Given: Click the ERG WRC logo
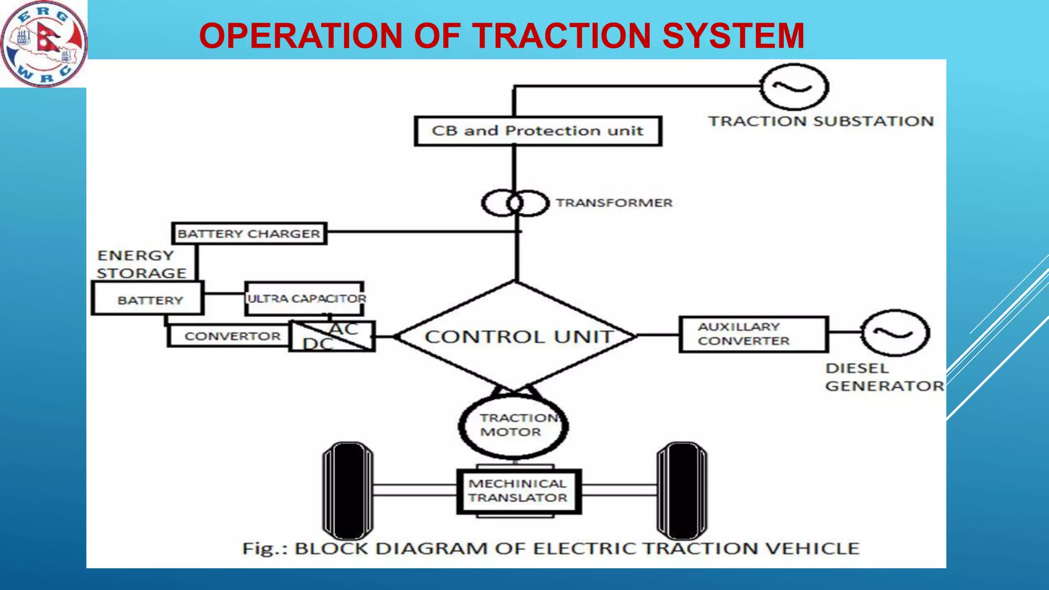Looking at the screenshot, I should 44,44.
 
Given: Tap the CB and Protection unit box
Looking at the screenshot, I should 537,131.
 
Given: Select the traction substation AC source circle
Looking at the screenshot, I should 793,87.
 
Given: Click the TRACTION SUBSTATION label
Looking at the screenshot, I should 821,121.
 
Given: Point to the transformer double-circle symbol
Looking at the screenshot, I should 515,203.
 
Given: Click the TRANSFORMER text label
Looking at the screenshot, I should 614,203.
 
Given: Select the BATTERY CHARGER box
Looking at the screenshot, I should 249,234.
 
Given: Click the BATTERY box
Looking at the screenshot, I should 148,299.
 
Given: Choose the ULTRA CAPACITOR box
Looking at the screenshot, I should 305,299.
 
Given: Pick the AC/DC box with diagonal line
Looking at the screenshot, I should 332,336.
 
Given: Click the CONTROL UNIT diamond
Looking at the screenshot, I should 516,336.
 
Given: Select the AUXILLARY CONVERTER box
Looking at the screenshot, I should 753,334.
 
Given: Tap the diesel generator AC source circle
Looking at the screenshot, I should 895,333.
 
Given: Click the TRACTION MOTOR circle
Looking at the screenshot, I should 513,426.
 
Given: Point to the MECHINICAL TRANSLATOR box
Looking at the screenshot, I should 519,491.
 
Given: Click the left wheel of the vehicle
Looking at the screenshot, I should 348,491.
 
